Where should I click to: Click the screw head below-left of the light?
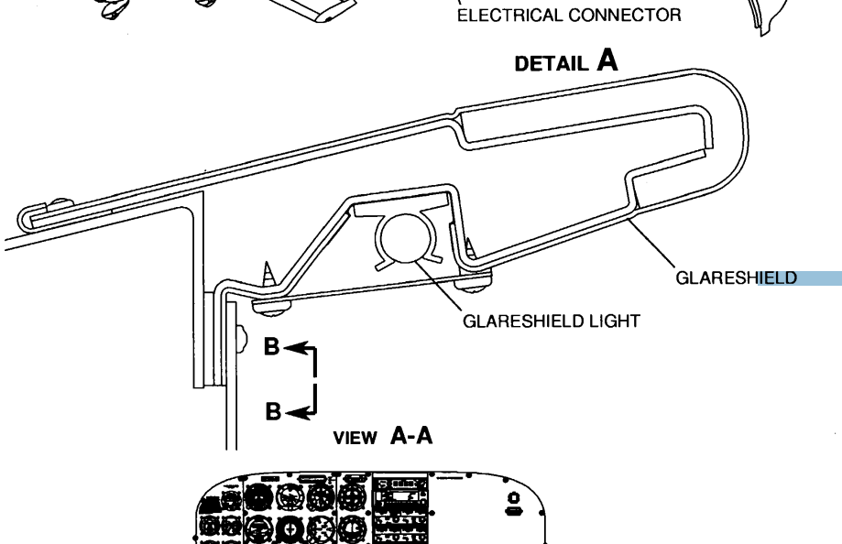[268, 306]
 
